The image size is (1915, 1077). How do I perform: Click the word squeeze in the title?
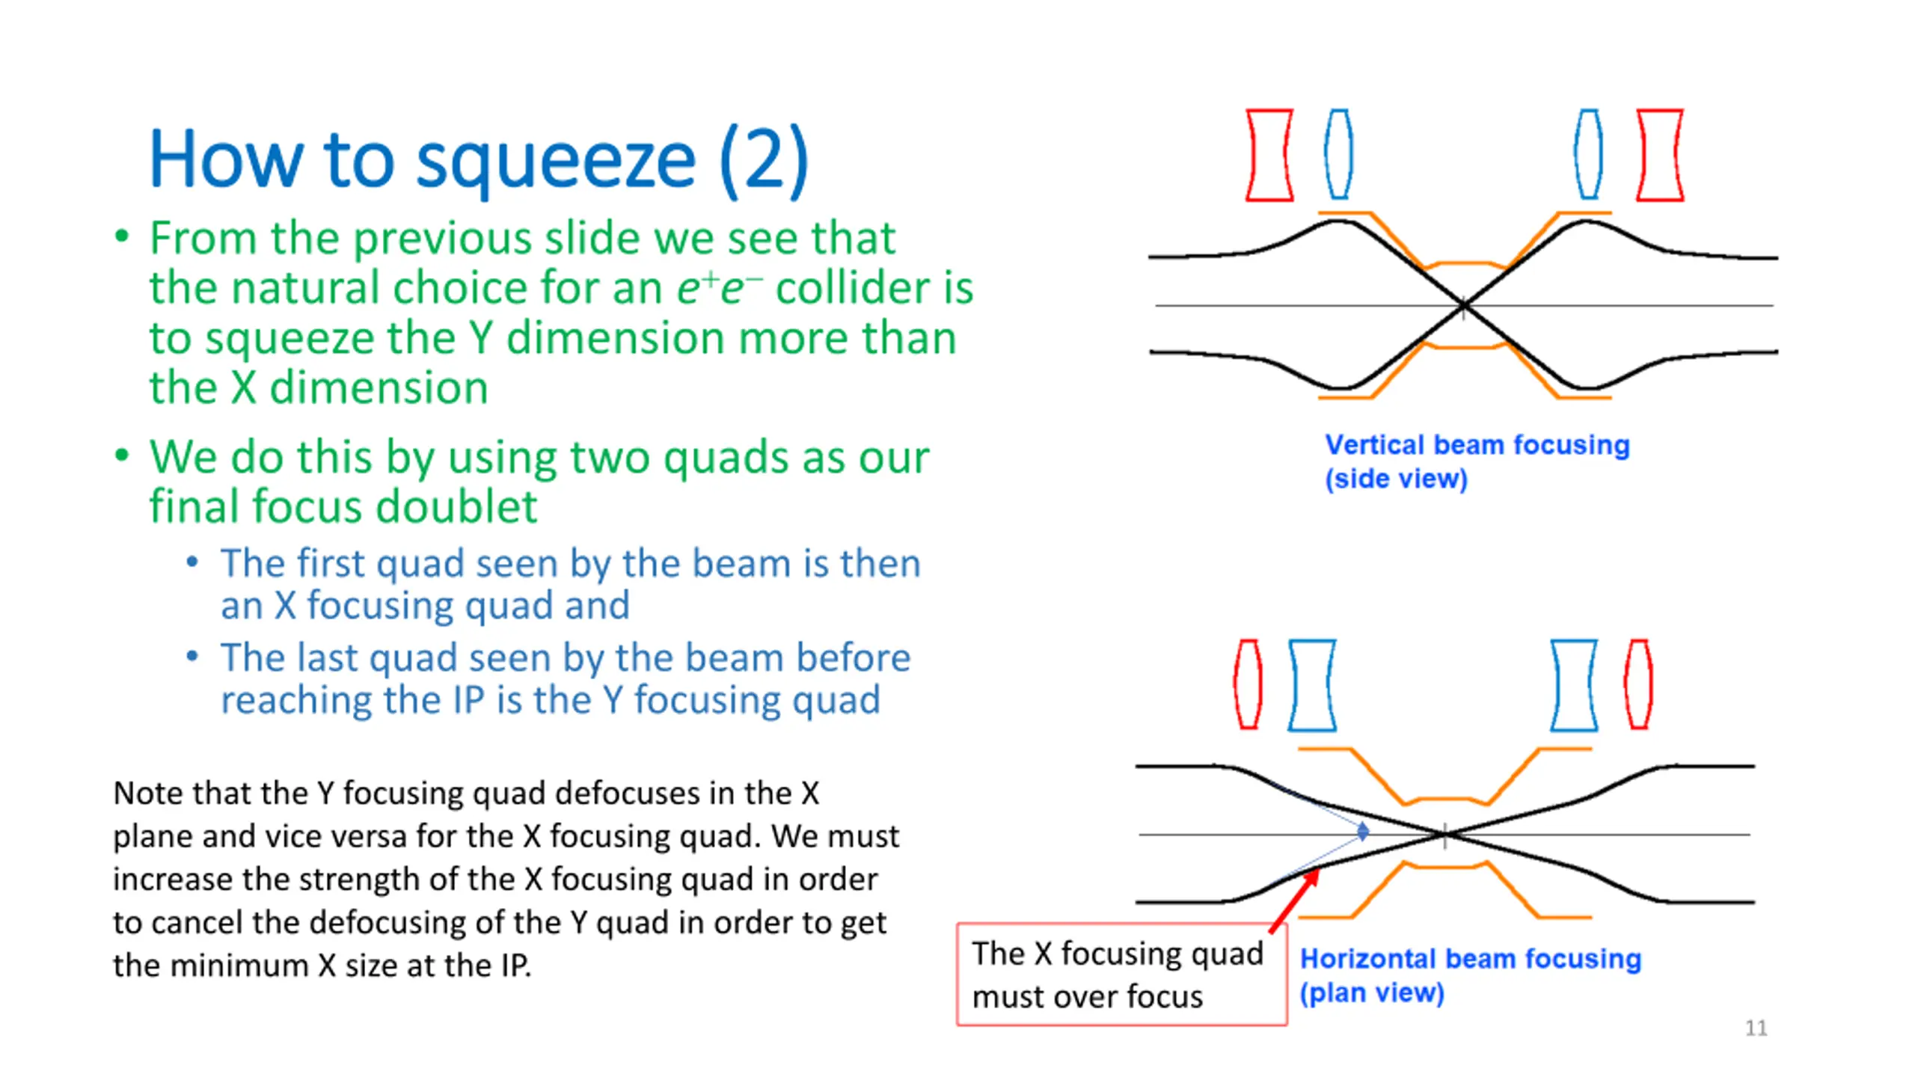coord(555,161)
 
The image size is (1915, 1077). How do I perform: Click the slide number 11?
coord(1756,1028)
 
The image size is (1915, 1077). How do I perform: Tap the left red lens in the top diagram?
coord(1269,155)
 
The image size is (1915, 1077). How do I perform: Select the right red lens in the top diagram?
coord(1660,155)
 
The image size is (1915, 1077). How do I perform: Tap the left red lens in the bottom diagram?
coord(1248,684)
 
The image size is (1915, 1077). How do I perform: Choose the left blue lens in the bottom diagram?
coord(1312,684)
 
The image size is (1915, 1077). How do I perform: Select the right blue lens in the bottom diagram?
coord(1574,684)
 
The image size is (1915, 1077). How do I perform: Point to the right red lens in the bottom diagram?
coord(1638,684)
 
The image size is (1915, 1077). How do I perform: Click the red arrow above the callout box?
coord(1294,901)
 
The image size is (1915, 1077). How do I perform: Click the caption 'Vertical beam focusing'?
coord(1477,445)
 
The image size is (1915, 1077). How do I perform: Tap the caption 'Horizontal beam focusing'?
coord(1470,959)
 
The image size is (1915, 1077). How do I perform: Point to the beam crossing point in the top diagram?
coord(1464,305)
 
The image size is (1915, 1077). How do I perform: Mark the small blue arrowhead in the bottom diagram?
coord(1363,831)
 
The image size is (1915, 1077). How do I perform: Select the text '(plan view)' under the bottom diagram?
coord(1372,993)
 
